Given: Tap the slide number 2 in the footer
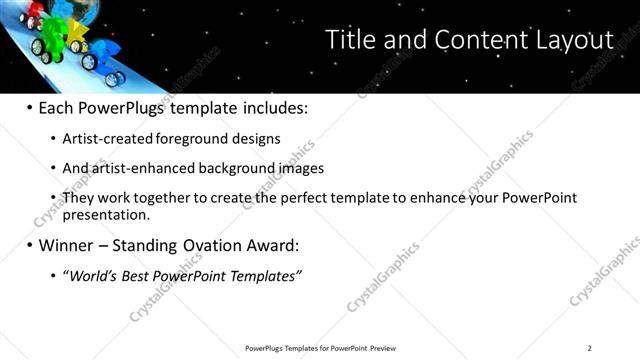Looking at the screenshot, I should point(589,348).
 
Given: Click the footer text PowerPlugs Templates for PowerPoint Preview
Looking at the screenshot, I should point(320,348).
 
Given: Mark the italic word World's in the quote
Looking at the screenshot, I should point(93,274).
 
